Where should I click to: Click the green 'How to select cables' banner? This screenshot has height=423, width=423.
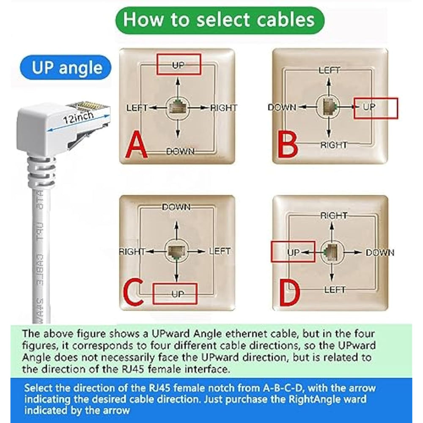point(220,20)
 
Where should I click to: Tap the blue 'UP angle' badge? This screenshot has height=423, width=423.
point(66,67)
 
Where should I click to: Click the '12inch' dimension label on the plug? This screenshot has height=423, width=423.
point(79,117)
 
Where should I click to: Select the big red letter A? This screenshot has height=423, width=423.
point(137,144)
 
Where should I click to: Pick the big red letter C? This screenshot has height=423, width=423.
point(133,292)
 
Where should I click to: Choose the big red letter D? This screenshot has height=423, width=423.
point(290,293)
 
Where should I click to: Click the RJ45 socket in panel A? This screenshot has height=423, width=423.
point(177,107)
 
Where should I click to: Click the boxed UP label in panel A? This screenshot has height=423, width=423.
point(179,65)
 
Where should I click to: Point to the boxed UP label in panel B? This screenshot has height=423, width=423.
point(369,107)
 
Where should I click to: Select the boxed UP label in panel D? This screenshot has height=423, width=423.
point(294,253)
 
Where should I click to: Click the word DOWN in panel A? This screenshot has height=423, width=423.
point(180,151)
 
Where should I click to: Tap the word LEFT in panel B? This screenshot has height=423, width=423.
point(329,70)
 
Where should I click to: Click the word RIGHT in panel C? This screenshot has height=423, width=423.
point(132,252)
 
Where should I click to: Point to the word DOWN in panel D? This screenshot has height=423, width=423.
point(380,253)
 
